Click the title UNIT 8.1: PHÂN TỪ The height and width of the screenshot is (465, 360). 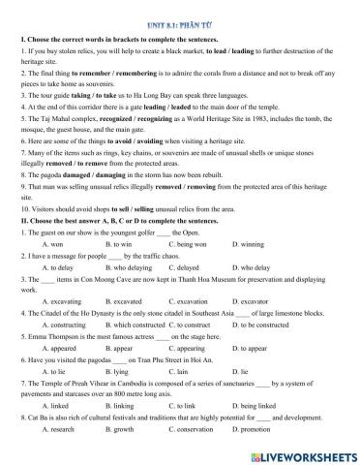point(180,8)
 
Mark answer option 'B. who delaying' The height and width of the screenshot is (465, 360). point(126,290)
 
